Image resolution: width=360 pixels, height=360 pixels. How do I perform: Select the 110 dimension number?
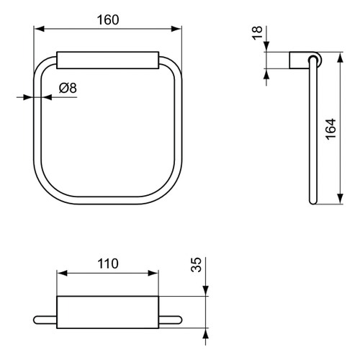pos(107,263)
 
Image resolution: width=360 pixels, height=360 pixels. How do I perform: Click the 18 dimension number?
pos(257,34)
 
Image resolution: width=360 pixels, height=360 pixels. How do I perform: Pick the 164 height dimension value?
pos(330,129)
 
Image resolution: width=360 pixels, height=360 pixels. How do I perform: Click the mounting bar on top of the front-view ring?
pos(107,60)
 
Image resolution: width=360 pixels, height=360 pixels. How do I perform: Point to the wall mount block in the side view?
pos(298,60)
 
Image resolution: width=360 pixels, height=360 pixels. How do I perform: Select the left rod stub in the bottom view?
pos(45,319)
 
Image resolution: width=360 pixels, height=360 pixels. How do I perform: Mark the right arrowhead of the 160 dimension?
pos(176,30)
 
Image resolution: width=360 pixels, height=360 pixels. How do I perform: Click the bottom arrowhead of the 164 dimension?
pos(338,202)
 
